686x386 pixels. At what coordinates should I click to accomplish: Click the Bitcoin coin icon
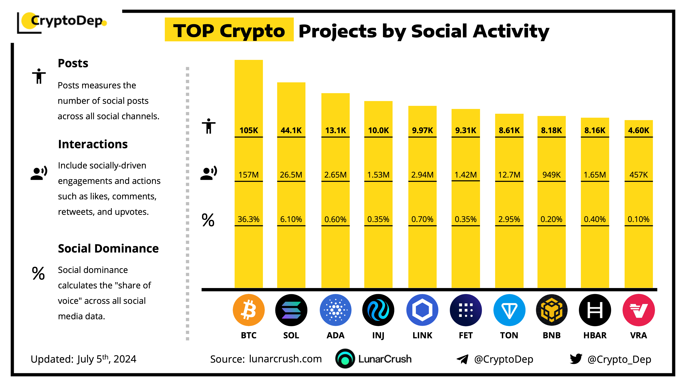tap(249, 310)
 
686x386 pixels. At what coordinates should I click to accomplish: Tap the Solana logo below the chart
tap(291, 310)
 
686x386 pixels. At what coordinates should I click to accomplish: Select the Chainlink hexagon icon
tap(422, 310)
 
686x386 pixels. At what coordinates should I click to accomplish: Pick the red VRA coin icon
tap(638, 310)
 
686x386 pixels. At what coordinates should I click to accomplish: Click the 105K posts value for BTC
tap(249, 130)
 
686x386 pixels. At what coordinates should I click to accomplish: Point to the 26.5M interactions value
tap(291, 175)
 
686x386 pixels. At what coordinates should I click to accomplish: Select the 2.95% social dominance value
tap(509, 219)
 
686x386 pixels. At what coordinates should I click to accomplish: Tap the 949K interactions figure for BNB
tap(551, 175)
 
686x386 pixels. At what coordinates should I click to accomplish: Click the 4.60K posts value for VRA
tap(638, 130)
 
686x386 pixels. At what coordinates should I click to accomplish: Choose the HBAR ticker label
tap(595, 335)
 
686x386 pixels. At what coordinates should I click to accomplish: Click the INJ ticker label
tap(378, 335)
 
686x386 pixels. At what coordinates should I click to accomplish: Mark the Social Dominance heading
tap(108, 248)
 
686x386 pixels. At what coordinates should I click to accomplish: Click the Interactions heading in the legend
tap(93, 144)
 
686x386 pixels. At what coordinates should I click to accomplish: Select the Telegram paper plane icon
tap(462, 359)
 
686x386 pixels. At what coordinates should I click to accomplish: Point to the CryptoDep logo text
tap(67, 21)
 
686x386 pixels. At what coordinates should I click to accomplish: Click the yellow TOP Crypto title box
tap(229, 30)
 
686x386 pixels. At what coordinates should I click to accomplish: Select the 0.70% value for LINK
tap(422, 219)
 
